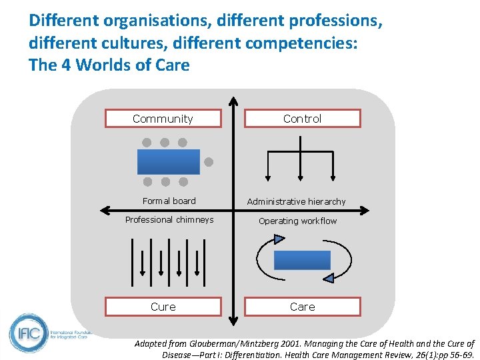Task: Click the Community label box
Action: tap(163, 119)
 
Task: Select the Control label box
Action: tap(302, 119)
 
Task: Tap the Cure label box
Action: tap(163, 307)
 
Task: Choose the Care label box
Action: tap(302, 307)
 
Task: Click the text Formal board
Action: tap(169, 201)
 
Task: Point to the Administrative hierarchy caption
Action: tap(296, 201)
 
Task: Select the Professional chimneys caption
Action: tap(169, 219)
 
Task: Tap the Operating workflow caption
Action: tap(297, 221)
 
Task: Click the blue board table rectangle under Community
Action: tap(168, 161)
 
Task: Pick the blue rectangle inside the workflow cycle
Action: tap(302, 260)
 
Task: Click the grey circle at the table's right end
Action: tap(208, 161)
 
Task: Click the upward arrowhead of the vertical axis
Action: tap(233, 102)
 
